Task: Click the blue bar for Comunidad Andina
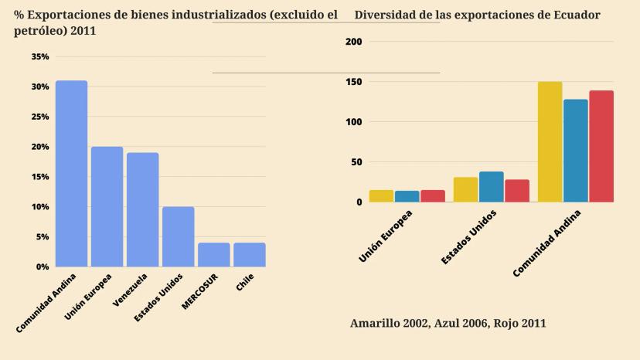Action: click(x=71, y=174)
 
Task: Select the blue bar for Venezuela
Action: click(x=143, y=209)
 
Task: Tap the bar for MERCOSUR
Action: click(x=214, y=255)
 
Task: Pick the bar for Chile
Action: click(x=250, y=255)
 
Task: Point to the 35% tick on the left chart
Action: click(x=40, y=57)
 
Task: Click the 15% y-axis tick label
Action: click(x=40, y=177)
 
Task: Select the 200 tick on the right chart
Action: click(x=354, y=42)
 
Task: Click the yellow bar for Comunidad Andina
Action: click(x=550, y=142)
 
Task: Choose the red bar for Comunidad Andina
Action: click(x=601, y=147)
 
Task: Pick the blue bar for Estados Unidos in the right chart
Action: click(x=491, y=187)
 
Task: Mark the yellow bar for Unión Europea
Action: click(x=381, y=196)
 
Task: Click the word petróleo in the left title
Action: click(x=39, y=30)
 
